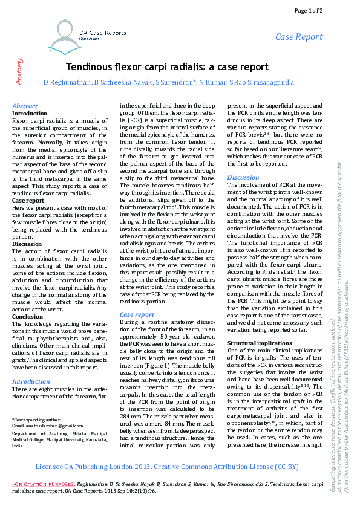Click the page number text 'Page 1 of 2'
pyautogui.click(x=325, y=10)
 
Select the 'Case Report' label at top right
pyautogui.click(x=299, y=37)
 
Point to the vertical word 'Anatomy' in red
pyautogui.click(x=19, y=70)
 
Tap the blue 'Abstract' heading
pyautogui.click(x=25, y=106)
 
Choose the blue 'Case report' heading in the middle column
pyautogui.click(x=137, y=314)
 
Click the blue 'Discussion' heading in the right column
pyautogui.click(x=243, y=177)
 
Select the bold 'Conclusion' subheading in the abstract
pyautogui.click(x=28, y=316)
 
